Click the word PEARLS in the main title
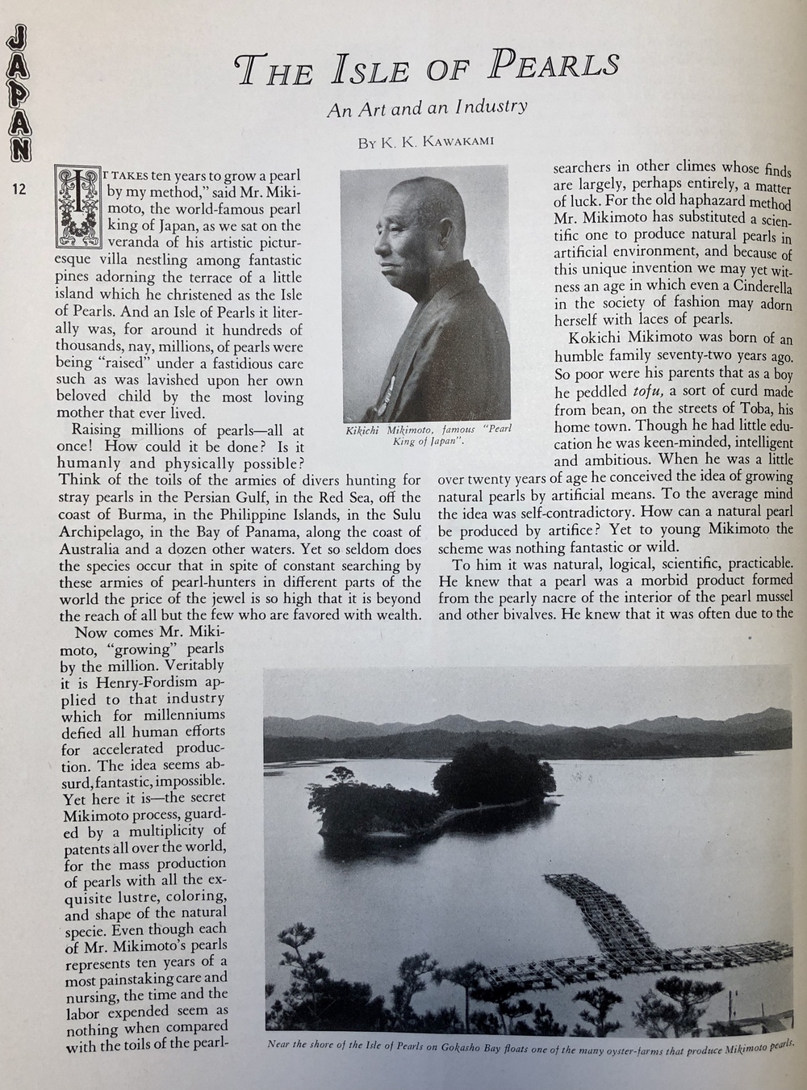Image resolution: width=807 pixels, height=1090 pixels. click(x=556, y=65)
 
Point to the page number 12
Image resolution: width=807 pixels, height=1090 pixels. click(x=19, y=189)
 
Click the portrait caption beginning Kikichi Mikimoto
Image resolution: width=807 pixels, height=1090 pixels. click(x=425, y=435)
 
